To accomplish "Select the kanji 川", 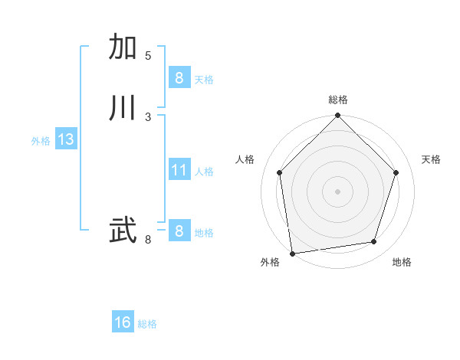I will [x=123, y=107].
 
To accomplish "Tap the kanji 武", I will [x=123, y=230].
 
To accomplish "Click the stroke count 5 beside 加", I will [x=148, y=56].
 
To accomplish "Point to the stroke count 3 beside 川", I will [x=148, y=116].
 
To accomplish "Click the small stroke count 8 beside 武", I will [x=148, y=240].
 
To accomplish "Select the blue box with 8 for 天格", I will [x=179, y=78].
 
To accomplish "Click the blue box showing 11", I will [x=179, y=170].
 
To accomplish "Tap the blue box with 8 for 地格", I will [x=179, y=231].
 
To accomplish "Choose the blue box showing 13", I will [x=65, y=139].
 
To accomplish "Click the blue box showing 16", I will [x=123, y=322].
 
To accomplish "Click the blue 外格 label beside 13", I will [x=41, y=141].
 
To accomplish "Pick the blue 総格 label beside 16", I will [x=147, y=324].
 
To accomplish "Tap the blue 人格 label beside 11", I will [x=204, y=172].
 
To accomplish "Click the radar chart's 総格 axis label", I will [x=338, y=100].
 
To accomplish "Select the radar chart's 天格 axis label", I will [x=431, y=159].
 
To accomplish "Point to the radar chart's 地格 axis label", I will [x=402, y=262].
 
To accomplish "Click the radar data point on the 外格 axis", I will [x=292, y=253].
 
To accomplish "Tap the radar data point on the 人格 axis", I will [x=280, y=172].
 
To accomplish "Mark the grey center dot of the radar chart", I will [x=337, y=191].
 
